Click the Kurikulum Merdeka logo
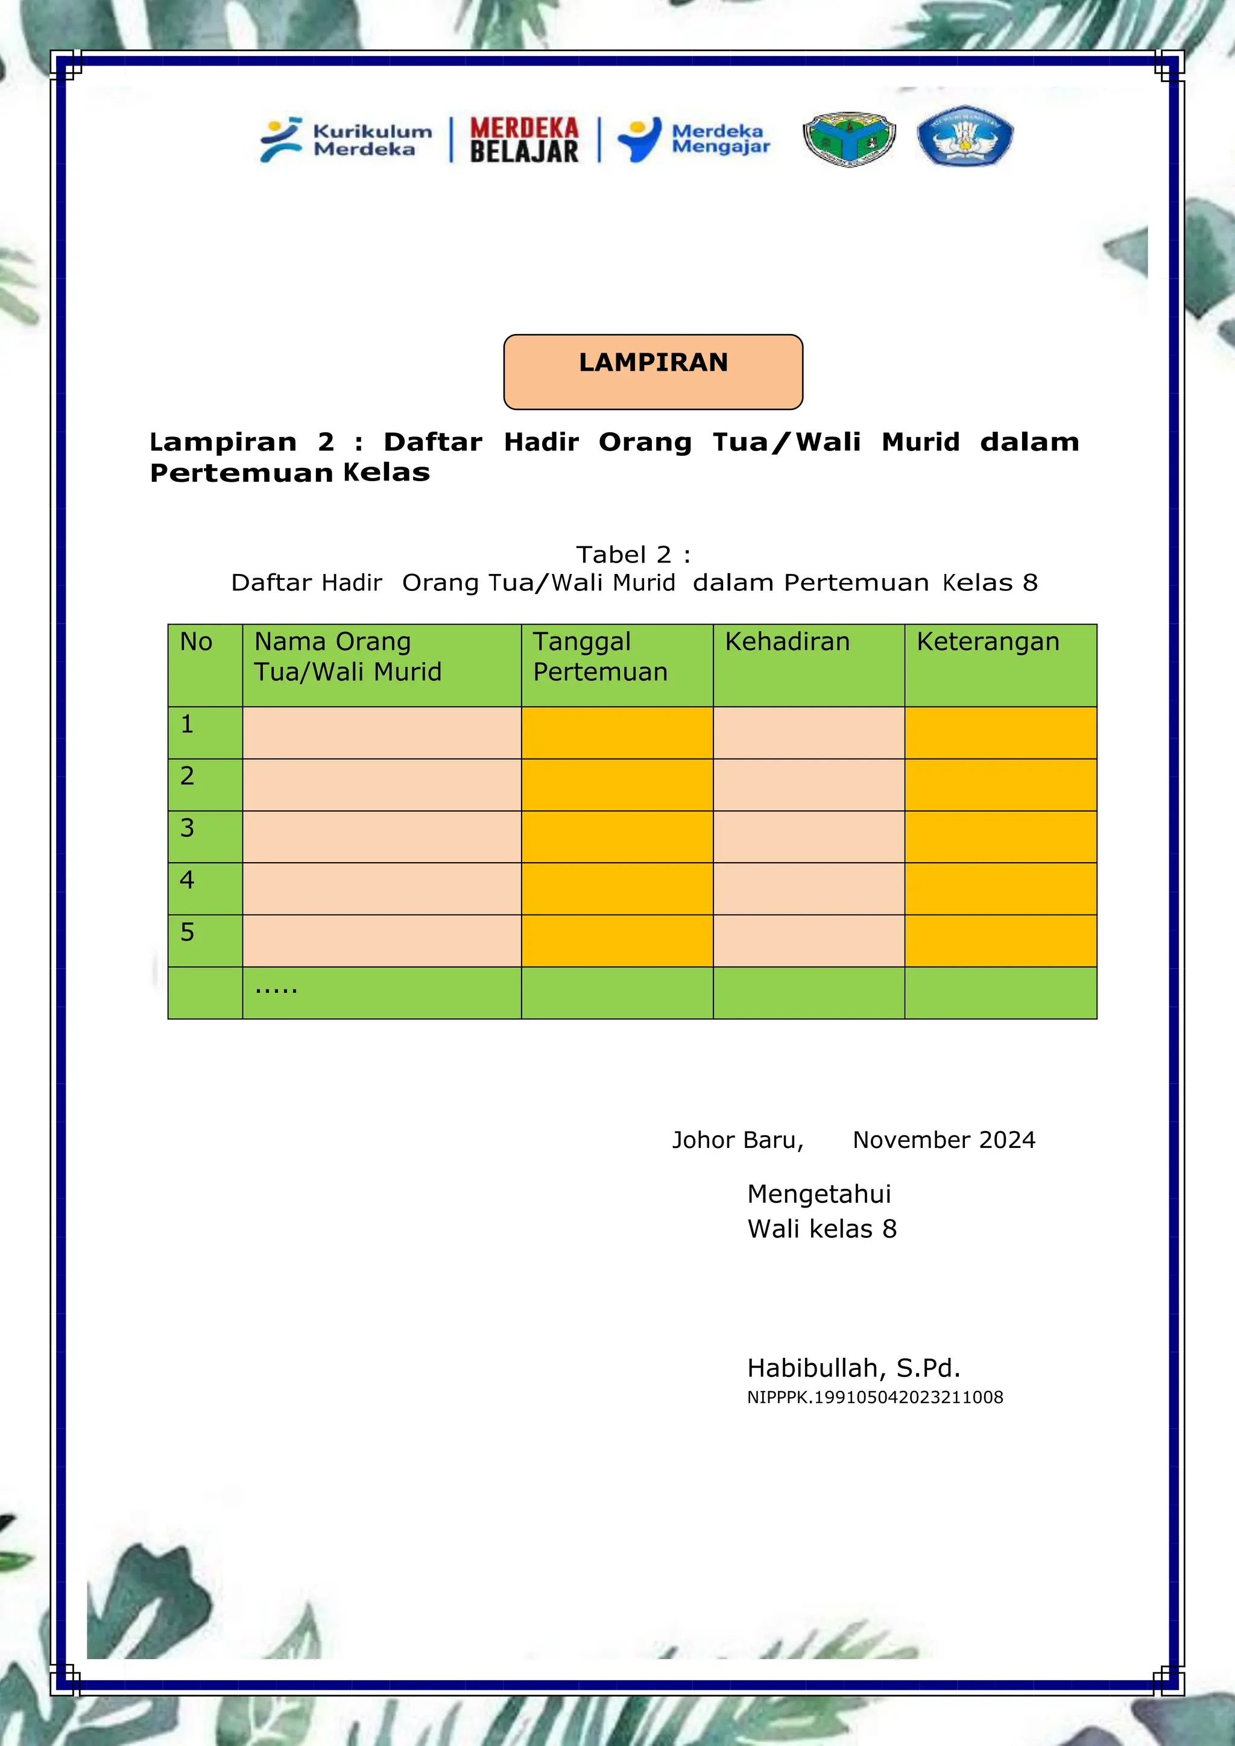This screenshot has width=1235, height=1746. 346,140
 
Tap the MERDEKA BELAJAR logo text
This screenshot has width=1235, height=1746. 524,140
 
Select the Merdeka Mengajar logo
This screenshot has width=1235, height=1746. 693,139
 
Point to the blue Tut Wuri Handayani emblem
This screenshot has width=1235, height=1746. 964,137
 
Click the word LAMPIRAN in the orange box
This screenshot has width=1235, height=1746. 653,363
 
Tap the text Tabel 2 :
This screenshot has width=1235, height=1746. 633,555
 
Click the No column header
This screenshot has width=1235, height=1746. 196,642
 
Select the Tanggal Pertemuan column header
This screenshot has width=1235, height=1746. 600,657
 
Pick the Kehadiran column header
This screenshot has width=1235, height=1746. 787,642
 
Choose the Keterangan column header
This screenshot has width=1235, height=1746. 987,642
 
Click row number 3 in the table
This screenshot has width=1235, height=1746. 187,828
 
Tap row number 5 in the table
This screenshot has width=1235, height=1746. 187,932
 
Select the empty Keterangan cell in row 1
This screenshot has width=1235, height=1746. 1000,733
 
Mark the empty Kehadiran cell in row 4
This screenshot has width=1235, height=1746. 809,888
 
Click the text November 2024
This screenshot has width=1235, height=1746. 944,1140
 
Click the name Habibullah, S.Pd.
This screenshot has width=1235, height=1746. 853,1368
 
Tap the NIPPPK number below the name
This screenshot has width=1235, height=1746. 874,1397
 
